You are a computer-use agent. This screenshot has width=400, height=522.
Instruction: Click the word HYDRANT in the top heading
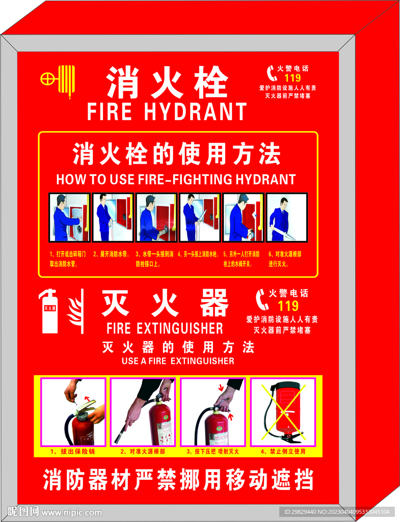point(196,111)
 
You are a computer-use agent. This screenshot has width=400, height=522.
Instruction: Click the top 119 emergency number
point(292,78)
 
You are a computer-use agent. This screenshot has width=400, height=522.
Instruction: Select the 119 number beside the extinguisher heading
point(288,306)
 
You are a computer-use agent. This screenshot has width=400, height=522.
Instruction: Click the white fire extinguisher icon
point(49,311)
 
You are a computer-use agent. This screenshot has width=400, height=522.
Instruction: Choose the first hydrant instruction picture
point(69,217)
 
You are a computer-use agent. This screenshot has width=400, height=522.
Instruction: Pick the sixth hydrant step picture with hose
point(287,217)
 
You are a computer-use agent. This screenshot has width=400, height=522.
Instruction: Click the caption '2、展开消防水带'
point(112,253)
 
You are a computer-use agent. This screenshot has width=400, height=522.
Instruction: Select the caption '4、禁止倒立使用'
point(283,452)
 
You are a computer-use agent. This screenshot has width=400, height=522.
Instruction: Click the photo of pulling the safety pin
point(73,412)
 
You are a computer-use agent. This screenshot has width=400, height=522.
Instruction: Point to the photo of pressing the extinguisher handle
point(213,412)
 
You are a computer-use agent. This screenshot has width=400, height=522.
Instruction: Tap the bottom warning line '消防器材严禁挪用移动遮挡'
point(178,480)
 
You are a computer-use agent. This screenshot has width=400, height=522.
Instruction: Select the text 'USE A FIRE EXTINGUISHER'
point(178,361)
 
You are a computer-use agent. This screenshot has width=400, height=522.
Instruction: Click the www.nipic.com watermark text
point(71,512)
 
